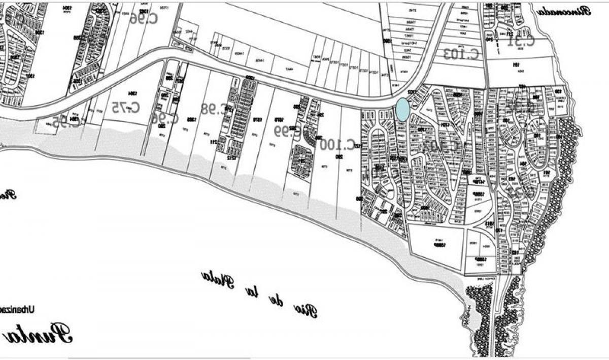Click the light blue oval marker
(x=402, y=110)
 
